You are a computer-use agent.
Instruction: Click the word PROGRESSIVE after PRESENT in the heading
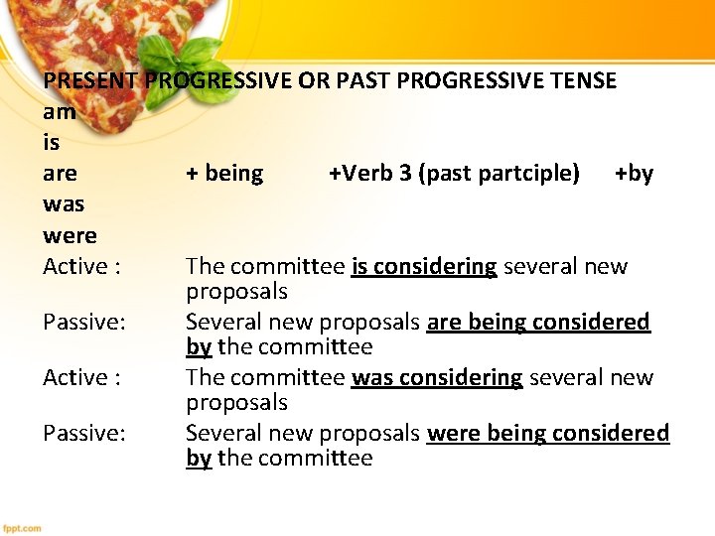[218, 80]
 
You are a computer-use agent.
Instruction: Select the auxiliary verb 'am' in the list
[60, 112]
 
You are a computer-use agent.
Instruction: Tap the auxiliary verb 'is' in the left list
[52, 143]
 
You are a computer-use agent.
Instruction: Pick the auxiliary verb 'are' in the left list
[60, 174]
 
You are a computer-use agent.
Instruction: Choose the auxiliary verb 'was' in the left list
[64, 204]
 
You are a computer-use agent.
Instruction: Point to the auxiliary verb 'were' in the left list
[70, 235]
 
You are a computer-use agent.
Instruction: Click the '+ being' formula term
[224, 174]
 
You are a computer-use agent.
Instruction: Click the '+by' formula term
[634, 174]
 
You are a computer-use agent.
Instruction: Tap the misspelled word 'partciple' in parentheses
[529, 174]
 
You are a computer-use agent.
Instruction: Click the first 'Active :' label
[81, 266]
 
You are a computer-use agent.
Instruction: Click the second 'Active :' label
[81, 377]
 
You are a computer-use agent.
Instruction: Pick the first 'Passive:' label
[84, 322]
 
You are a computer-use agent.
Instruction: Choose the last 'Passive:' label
[84, 433]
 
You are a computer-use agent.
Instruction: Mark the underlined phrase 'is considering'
[424, 266]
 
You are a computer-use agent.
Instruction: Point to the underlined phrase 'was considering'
[437, 377]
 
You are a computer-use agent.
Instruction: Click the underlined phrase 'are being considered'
[538, 322]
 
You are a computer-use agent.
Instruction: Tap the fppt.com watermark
[23, 528]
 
